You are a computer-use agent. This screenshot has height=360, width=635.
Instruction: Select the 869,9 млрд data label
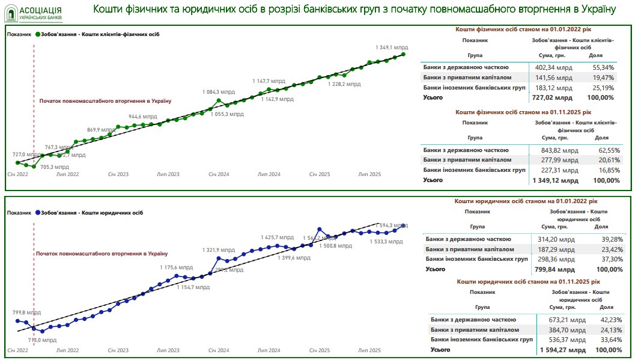tap(102, 130)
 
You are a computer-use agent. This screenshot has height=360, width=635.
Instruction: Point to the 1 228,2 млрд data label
tap(345, 85)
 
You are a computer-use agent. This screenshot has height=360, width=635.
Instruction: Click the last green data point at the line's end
tap(403, 54)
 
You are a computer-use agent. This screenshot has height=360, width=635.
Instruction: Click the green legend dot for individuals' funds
tap(37, 34)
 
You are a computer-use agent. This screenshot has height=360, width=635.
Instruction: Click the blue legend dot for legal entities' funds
tap(38, 213)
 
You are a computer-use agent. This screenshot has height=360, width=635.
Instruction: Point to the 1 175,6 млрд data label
tap(177, 267)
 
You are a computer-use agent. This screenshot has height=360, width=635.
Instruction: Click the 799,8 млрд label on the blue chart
tap(27, 313)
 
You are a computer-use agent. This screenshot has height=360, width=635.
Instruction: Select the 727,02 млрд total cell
tap(554, 97)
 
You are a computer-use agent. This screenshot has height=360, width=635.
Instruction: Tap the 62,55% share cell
tap(606, 150)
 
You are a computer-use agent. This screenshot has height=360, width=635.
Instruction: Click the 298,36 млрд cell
tap(558, 259)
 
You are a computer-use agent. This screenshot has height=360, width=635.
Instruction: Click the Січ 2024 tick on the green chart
tap(219, 174)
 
